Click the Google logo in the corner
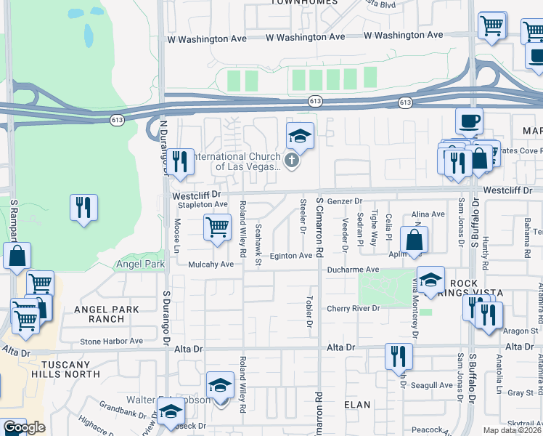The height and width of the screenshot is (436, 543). coord(23,427)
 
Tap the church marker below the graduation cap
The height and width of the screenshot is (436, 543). coord(292,161)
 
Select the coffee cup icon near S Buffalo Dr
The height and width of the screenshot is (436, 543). coord(469,120)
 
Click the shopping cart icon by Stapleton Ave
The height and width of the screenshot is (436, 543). coord(217,227)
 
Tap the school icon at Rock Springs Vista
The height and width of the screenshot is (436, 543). coord(430,280)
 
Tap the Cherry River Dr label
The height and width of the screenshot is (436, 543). coord(353,308)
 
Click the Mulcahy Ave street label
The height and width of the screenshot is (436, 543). coord(211,265)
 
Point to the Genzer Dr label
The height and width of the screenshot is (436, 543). coord(344,201)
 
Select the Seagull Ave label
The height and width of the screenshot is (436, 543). coord(431,385)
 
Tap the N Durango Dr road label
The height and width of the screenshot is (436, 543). coord(163,148)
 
